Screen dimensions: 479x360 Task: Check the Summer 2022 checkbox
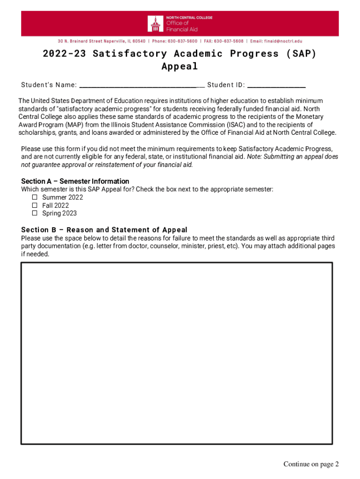pos(35,197)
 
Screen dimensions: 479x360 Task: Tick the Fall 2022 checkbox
pos(35,205)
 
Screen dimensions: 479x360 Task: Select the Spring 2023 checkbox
pos(35,213)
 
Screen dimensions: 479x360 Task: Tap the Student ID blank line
pos(276,86)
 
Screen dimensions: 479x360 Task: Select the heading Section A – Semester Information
pos(75,181)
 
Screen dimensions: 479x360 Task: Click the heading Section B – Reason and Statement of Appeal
pos(104,230)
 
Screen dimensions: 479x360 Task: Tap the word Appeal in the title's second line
pos(180,66)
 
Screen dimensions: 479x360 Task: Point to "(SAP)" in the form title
pos(301,54)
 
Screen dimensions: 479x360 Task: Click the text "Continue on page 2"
pos(310,464)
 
